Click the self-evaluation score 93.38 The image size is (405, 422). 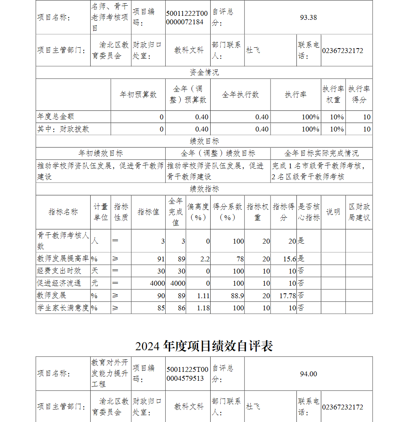(308, 17)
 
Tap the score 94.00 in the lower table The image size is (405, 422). (308, 374)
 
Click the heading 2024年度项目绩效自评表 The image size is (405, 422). (204, 346)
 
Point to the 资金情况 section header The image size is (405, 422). (204, 72)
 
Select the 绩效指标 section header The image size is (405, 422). (204, 189)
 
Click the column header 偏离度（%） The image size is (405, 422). (198, 212)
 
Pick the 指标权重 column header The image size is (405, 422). (258, 212)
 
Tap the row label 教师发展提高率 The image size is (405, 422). (63, 259)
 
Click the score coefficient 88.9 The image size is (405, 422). (237, 296)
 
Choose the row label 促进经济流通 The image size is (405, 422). (59, 283)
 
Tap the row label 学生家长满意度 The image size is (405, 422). (63, 308)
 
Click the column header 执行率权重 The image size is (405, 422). (333, 94)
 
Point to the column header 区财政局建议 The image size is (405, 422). (359, 212)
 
